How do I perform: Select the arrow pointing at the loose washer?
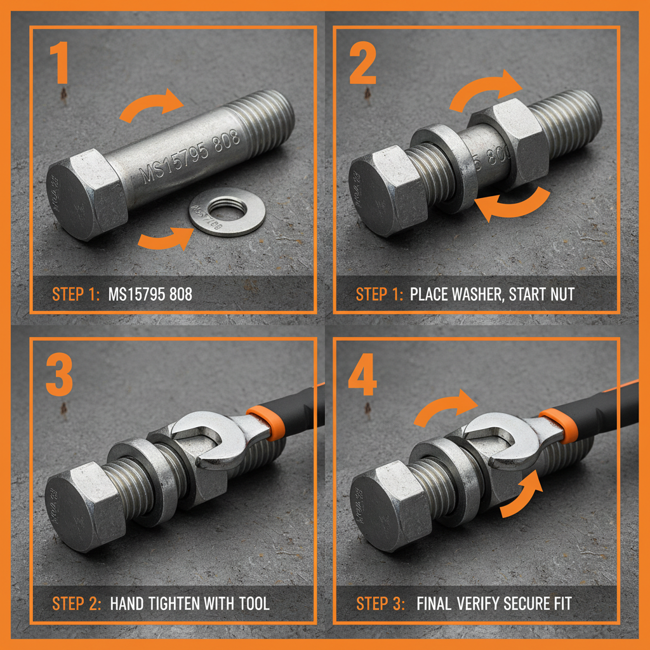click(x=165, y=238)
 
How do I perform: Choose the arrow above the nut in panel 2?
click(x=486, y=89)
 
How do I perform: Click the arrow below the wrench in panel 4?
click(x=524, y=495)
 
